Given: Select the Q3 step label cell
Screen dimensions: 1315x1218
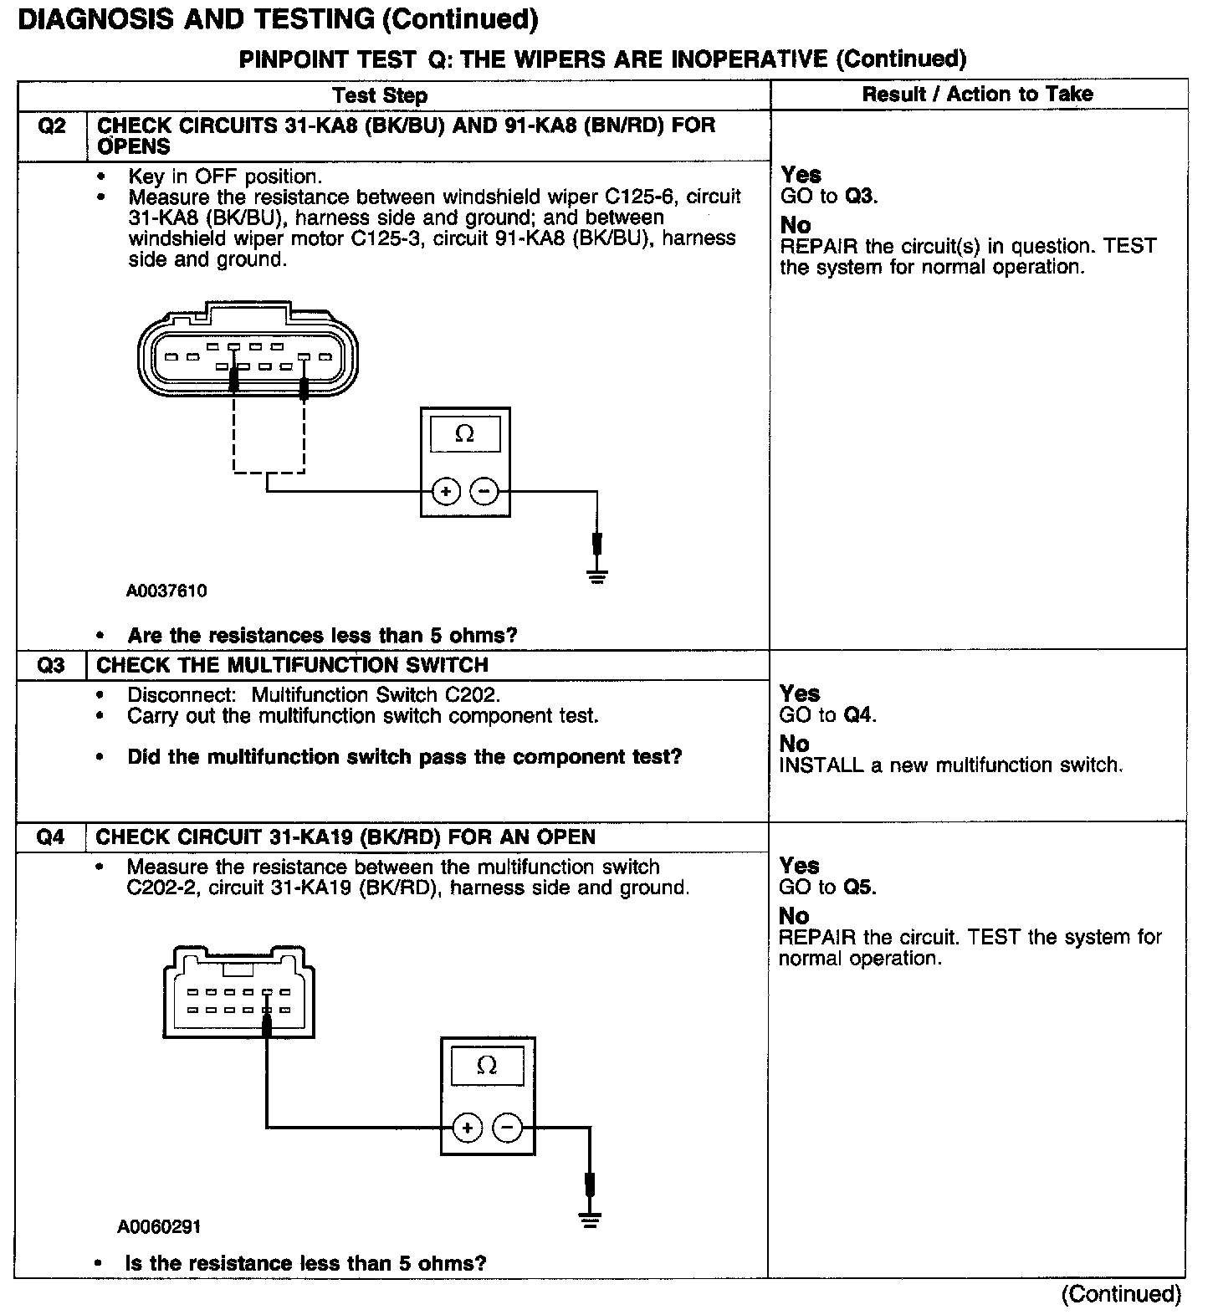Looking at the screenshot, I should pos(51,666).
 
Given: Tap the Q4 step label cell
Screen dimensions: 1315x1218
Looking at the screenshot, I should pos(51,837).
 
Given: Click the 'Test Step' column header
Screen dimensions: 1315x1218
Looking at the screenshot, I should pos(380,95).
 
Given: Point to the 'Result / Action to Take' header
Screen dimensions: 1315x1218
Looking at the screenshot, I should pos(977,94).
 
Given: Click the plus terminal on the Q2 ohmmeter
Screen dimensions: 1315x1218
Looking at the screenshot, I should pos(446,491).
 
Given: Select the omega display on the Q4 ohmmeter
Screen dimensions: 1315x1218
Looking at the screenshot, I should pos(487,1066).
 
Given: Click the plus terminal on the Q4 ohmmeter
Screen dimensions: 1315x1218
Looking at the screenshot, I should pos(467,1128).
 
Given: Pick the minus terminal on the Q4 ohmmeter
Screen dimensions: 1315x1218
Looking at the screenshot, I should pos(507,1128).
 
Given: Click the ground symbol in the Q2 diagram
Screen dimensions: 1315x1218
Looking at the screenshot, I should pos(596,576).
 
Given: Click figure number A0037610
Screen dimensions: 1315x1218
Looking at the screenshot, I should pos(166,591).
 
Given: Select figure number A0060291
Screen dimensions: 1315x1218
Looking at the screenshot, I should pos(159,1227).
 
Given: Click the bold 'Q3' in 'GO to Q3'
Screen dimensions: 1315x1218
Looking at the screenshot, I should pos(859,197).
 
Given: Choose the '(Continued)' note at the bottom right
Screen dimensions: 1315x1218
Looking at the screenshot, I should pos(1121,1294).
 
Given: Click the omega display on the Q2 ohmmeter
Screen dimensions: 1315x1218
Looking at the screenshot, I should pos(465,435).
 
